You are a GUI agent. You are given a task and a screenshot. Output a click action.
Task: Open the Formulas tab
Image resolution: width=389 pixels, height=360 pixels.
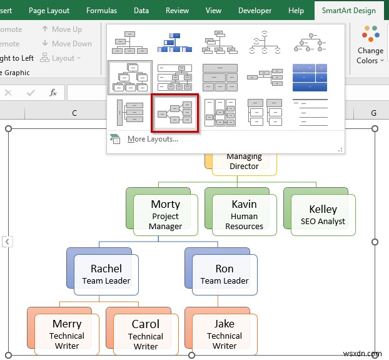101,11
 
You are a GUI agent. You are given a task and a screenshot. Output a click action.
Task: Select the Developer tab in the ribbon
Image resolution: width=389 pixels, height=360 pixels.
255,11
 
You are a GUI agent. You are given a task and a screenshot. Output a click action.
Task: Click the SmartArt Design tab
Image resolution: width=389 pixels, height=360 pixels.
348,11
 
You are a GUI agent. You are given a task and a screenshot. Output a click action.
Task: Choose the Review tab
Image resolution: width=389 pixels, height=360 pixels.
177,11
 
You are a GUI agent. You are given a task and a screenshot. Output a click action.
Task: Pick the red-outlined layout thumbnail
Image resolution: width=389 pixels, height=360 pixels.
175,113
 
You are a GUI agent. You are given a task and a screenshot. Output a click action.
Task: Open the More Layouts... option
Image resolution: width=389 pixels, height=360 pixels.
152,139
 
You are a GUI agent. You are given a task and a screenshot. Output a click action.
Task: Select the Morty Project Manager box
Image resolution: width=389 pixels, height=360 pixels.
165,215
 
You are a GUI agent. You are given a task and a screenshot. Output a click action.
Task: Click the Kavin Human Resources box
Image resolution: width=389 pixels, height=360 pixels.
244,215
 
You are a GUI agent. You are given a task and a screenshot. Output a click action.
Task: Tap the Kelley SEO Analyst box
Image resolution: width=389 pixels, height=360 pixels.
323,215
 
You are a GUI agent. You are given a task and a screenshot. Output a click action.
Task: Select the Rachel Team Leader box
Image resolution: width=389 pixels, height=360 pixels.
106,274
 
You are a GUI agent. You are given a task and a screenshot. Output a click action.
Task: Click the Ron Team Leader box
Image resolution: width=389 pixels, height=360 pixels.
224,274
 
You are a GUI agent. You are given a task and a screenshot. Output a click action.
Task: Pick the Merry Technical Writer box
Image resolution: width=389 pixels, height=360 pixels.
67,334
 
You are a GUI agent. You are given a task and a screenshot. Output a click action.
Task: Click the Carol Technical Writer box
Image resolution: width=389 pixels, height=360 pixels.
146,334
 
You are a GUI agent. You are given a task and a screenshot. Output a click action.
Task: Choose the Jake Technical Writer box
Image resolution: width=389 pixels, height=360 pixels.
224,334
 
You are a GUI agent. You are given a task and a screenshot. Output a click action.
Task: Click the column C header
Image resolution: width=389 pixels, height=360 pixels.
74,113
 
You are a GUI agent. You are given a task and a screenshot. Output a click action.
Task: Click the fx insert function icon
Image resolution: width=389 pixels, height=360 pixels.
53,93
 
